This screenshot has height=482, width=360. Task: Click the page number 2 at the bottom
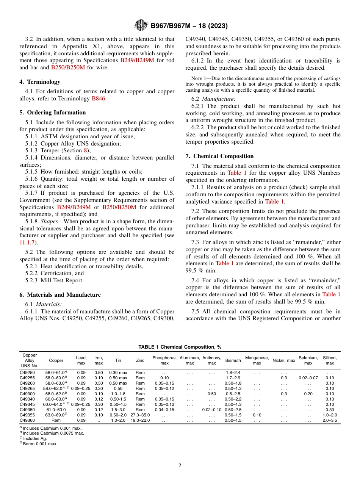tap(180, 465)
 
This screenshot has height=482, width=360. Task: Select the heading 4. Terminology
tap(40, 81)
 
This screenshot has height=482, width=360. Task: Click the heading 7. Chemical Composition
tap(219, 156)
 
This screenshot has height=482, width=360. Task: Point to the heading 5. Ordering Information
tap(52, 113)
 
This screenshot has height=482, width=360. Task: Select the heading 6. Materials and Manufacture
tap(60, 295)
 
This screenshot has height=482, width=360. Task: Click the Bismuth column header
tap(233, 360)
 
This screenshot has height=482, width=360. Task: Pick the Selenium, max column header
tap(308, 360)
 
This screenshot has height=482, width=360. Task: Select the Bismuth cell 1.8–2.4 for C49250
tap(233, 372)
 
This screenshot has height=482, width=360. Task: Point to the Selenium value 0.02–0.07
tap(308, 378)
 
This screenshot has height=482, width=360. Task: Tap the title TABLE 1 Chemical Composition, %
tap(180, 347)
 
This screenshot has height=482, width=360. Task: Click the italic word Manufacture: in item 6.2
tap(219, 99)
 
